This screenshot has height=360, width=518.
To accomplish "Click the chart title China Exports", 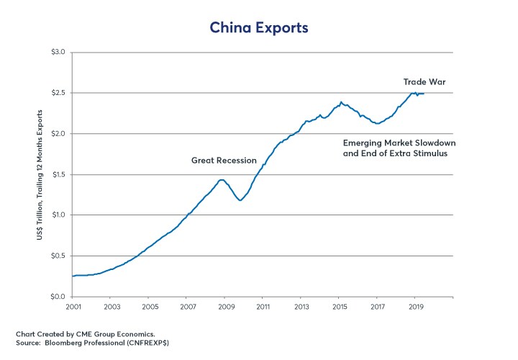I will (258, 27).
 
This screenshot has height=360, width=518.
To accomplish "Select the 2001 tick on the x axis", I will (73, 307).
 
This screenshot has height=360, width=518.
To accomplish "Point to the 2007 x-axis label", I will (186, 307).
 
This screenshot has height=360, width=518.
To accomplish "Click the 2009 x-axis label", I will (224, 307).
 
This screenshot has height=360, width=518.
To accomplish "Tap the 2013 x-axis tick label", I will (301, 307).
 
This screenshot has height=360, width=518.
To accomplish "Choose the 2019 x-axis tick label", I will (415, 307).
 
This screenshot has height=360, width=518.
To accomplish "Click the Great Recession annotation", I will (224, 160).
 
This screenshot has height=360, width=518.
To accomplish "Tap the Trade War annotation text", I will (424, 82).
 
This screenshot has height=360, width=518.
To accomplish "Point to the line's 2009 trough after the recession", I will (240, 200).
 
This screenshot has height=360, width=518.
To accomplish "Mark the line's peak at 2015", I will (341, 102).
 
